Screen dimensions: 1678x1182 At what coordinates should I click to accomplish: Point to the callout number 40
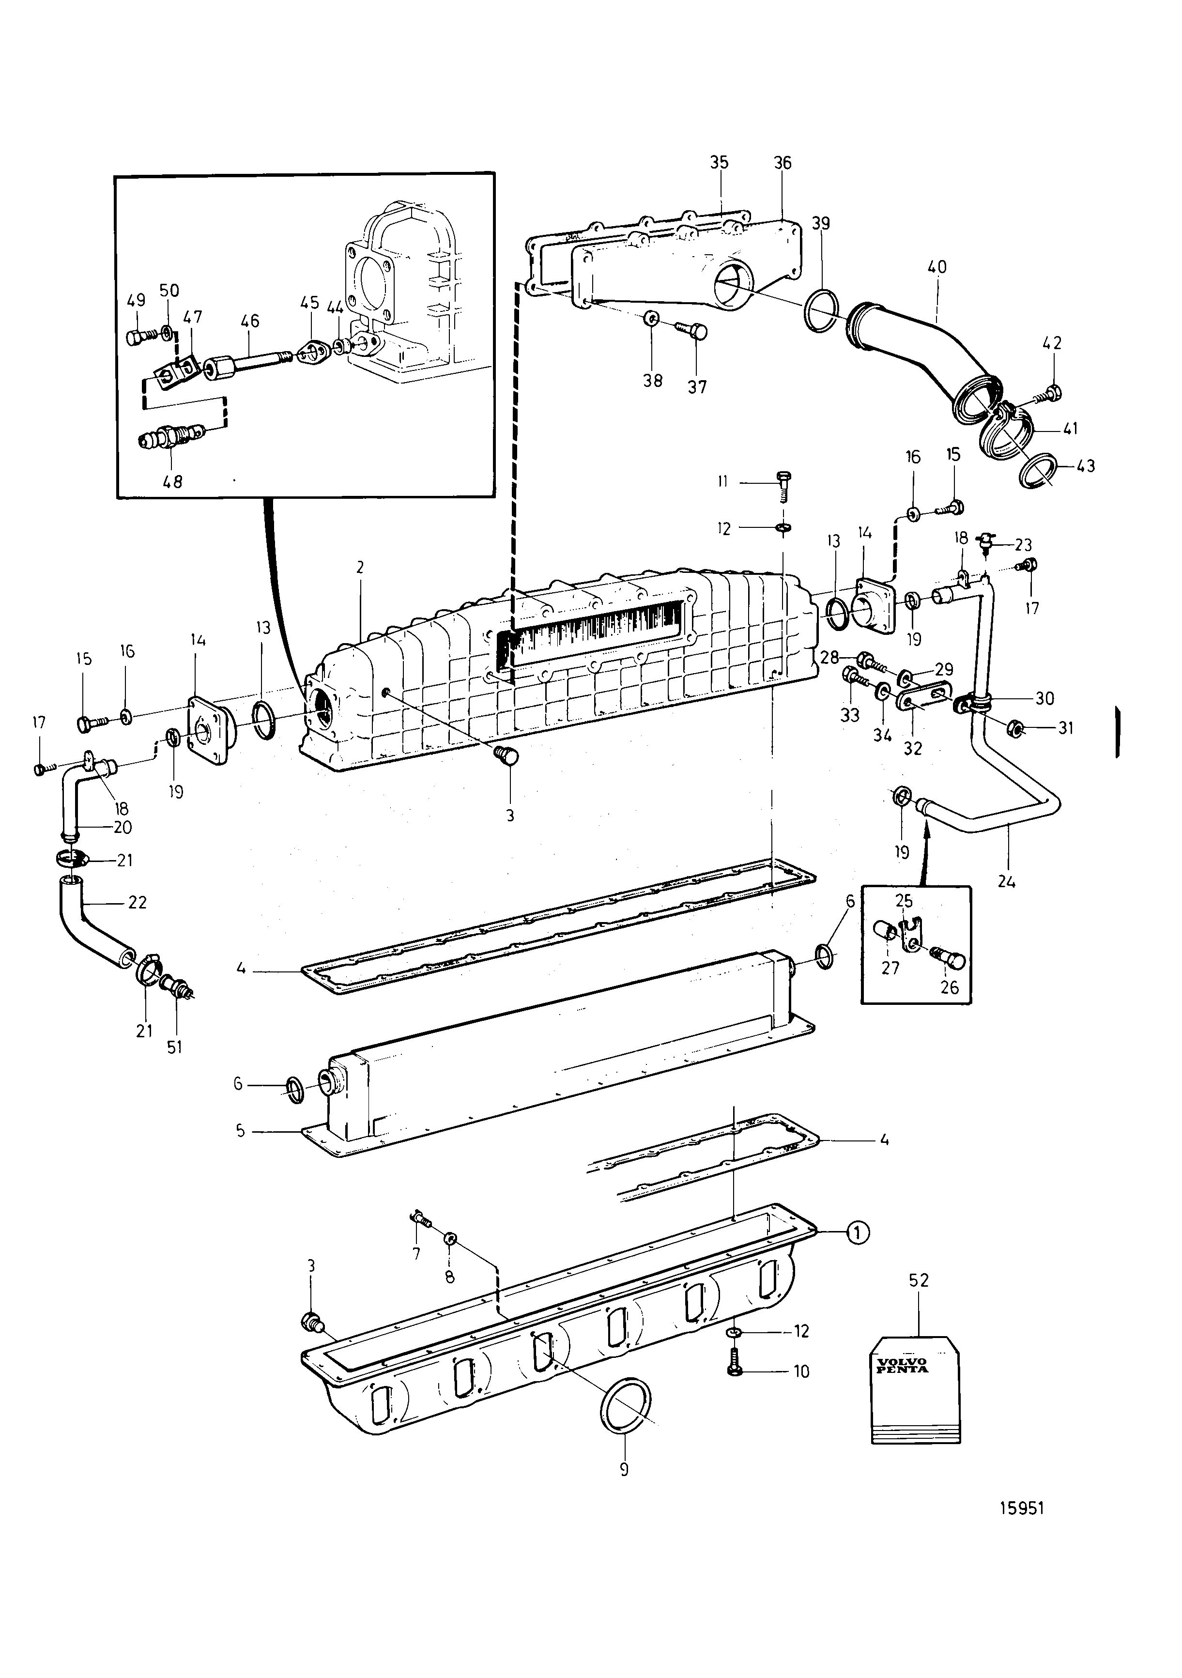pyautogui.click(x=936, y=267)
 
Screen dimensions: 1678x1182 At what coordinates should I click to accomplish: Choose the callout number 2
pyautogui.click(x=360, y=567)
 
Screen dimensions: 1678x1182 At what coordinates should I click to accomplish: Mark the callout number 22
pyautogui.click(x=138, y=903)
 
